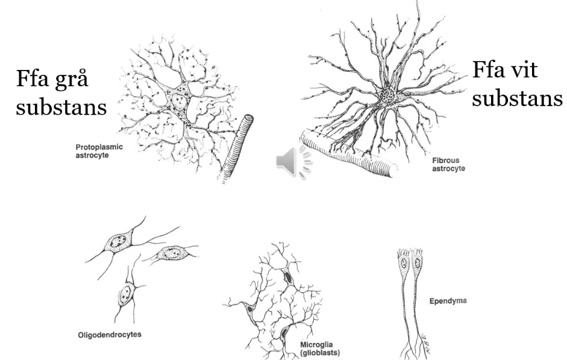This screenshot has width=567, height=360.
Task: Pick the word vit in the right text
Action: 528,71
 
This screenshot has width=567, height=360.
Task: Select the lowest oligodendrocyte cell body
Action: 126,295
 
